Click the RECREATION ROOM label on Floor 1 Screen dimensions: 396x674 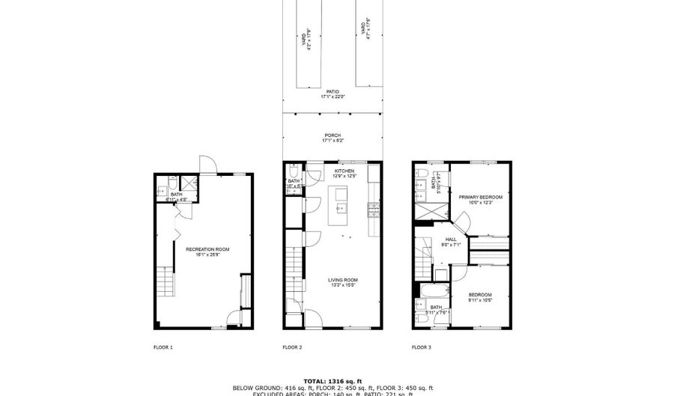[x=208, y=249]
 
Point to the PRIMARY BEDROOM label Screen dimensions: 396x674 [x=479, y=197]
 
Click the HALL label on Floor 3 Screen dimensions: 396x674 [x=451, y=240]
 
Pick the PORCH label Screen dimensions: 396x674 [x=333, y=135]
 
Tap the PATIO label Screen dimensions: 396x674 [x=333, y=92]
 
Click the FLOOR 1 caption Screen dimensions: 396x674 [x=163, y=347]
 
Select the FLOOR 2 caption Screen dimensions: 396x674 [x=292, y=347]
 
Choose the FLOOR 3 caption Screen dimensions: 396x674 [x=421, y=347]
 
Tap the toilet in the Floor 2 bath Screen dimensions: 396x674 [x=294, y=170]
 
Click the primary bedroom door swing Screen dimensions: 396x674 [x=463, y=221]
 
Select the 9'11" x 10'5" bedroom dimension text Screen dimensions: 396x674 [x=480, y=300]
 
